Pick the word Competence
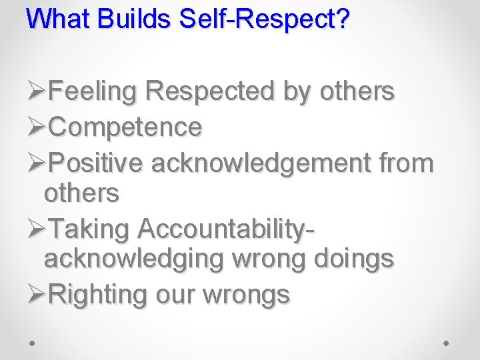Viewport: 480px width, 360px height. click(x=125, y=127)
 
